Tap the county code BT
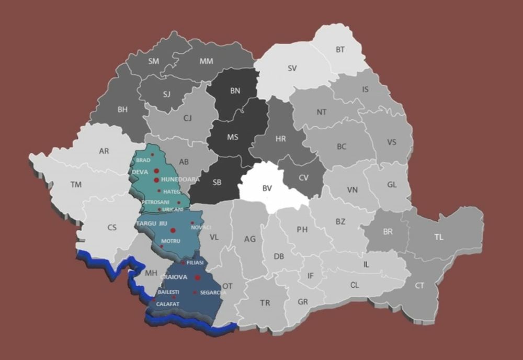340,50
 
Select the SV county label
292,68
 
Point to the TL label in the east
438,237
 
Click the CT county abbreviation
419,285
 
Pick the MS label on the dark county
233,137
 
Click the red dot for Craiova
198,277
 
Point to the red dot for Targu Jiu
173,230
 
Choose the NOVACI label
201,227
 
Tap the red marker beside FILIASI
183,262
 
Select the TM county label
76,184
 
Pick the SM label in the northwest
154,61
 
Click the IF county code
311,276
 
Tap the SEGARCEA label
213,292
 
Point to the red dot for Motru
161,246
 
